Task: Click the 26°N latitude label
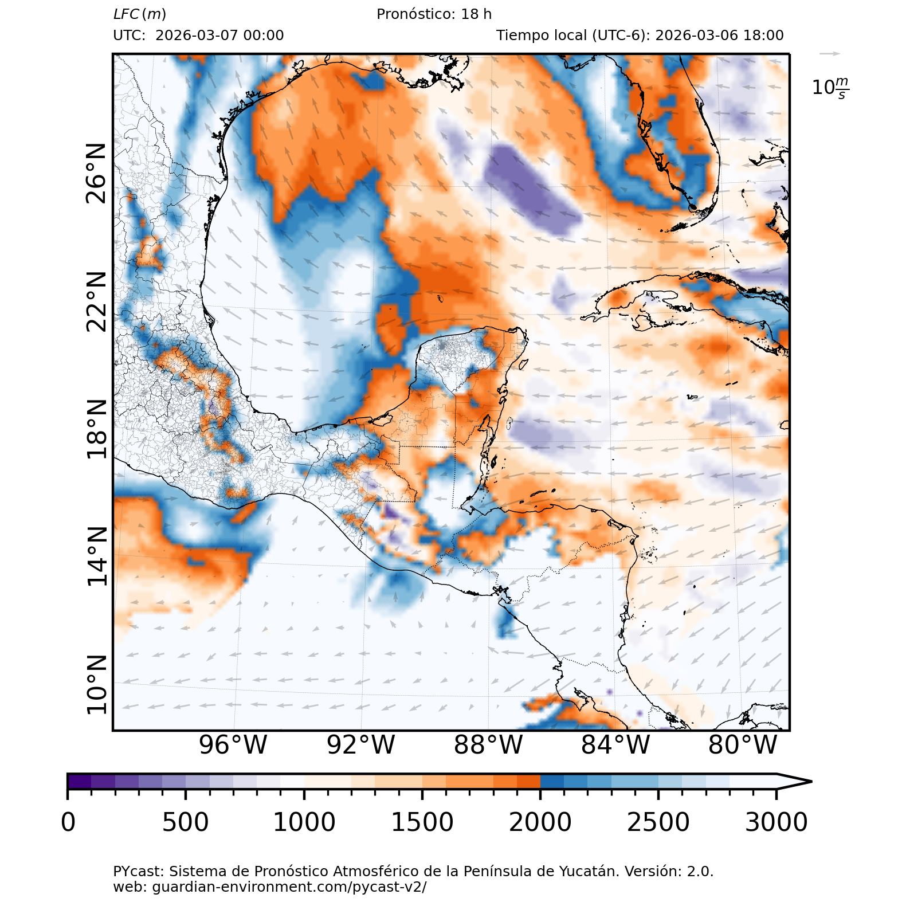pos(96,174)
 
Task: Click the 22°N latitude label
pos(96,301)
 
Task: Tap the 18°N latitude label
pos(96,429)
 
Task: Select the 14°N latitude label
pos(96,556)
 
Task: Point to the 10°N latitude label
pos(96,685)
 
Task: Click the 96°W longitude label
pos(233,745)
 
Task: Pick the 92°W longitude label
pos(360,745)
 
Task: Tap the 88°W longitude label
pos(488,745)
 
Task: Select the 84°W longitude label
pos(615,745)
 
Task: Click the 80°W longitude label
pos(743,745)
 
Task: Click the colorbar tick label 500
pos(185,822)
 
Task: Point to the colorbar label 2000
pos(540,822)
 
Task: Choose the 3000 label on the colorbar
pos(776,822)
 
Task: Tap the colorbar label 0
pos(68,822)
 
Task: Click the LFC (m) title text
pos(140,14)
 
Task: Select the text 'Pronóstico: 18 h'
pos(434,14)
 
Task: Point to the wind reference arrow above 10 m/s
pos(829,54)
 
